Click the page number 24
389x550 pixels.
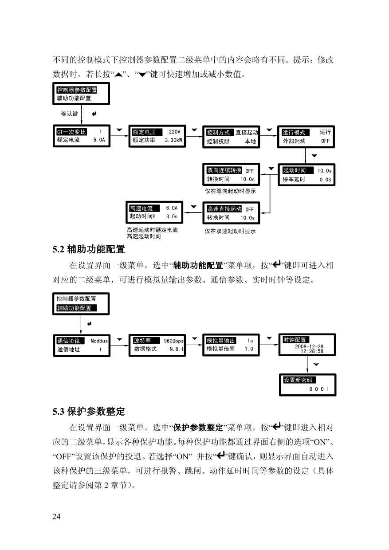point(56,516)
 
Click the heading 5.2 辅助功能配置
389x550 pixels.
point(89,249)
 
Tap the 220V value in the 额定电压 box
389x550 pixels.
point(174,132)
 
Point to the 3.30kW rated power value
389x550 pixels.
point(173,140)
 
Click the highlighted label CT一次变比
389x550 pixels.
point(71,132)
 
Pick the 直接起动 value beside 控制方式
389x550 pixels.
point(247,133)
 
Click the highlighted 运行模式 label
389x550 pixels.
point(295,133)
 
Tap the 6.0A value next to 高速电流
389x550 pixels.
point(172,208)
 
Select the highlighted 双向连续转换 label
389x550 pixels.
point(224,170)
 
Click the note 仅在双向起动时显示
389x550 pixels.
point(230,191)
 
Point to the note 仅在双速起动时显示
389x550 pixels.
point(230,231)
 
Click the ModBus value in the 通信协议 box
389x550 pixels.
point(99,341)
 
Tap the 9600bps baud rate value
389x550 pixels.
point(173,341)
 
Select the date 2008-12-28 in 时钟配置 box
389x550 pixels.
point(309,346)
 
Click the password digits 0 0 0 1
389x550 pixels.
point(319,389)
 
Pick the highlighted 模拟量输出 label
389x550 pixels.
point(221,341)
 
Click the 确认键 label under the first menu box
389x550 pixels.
point(69,114)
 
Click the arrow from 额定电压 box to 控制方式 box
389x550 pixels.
point(194,136)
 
